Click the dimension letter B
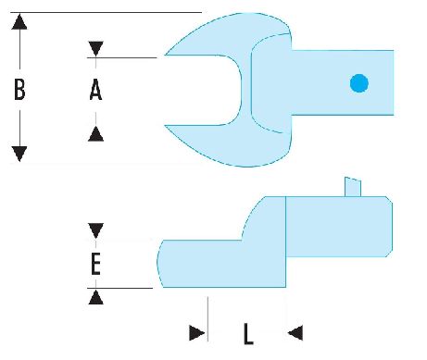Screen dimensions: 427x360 (19, 90)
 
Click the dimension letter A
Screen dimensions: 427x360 (95, 90)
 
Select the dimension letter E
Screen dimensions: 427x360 (95, 264)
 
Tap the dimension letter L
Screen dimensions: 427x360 (248, 333)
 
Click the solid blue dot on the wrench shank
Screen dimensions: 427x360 (359, 83)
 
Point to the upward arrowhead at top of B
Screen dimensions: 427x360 (19, 21)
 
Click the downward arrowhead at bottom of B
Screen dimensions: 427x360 (19, 154)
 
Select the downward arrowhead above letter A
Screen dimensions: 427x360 (95, 49)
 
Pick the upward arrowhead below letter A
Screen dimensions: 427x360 (95, 134)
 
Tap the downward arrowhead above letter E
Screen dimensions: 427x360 (95, 230)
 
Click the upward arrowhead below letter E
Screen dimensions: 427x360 (95, 297)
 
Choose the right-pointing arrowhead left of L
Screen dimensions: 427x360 (197, 333)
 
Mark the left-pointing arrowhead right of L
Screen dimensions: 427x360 (295, 333)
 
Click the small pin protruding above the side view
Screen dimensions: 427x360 (353, 187)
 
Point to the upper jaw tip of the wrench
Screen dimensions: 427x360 (166, 55)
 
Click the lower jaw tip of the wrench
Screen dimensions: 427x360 (165, 125)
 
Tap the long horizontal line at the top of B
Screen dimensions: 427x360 (107, 12)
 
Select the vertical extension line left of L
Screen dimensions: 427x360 (207, 319)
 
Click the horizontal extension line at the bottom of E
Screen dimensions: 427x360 (119, 288)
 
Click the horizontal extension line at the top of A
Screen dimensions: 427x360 (122, 57)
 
